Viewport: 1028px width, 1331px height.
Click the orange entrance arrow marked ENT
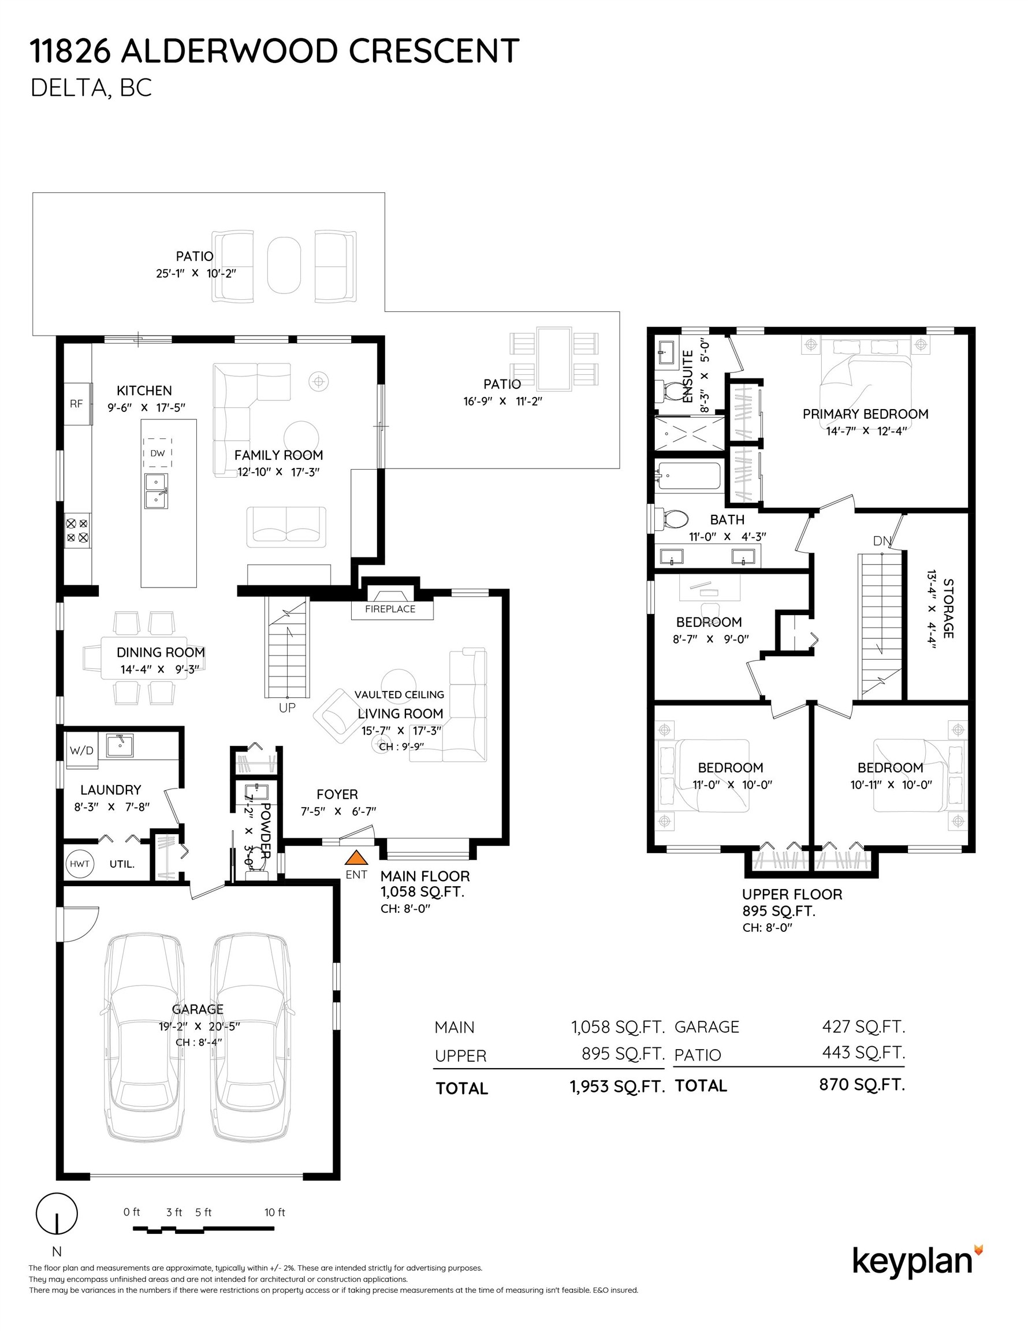[x=356, y=858]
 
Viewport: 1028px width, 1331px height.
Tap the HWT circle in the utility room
[x=80, y=864]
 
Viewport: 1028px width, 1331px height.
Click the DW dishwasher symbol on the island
[x=158, y=453]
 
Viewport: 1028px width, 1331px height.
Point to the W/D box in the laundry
[x=81, y=750]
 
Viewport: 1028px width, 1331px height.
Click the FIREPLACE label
[x=390, y=609]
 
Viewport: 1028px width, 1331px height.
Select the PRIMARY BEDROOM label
[x=865, y=414]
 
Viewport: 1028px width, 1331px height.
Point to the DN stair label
[x=882, y=541]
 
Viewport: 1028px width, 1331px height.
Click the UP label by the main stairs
[x=287, y=708]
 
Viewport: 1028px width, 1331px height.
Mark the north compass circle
[x=57, y=1213]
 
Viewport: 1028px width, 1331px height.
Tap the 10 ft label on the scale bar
[x=275, y=1212]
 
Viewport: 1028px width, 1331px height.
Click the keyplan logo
[x=917, y=1261]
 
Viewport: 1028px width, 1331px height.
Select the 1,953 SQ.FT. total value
[x=617, y=1087]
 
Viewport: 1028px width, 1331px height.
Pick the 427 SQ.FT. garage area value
[x=863, y=1027]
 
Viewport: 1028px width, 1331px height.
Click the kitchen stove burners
[x=77, y=530]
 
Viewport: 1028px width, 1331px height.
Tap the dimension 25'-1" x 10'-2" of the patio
[x=196, y=273]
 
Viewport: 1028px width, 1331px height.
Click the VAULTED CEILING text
[x=399, y=695]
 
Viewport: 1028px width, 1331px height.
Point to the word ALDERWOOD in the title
[x=229, y=51]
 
